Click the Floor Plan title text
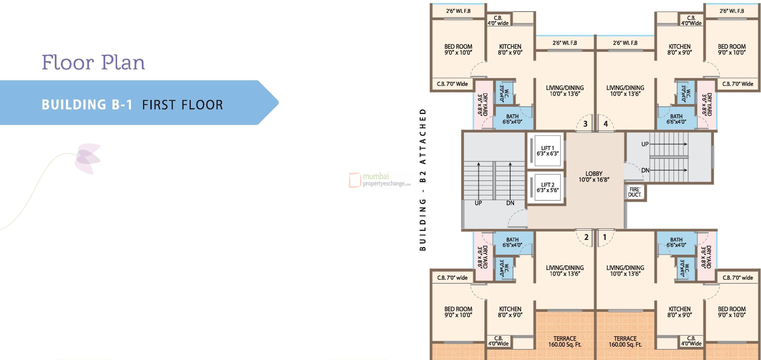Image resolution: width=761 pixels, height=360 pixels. click(93, 62)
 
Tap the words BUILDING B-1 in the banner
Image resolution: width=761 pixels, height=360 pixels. click(87, 105)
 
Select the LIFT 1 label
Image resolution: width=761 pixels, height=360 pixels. click(547, 151)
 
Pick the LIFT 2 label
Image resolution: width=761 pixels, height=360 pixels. click(547, 187)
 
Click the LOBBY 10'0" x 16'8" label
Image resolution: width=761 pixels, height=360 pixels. click(594, 176)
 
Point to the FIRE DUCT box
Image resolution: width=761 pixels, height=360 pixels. click(634, 192)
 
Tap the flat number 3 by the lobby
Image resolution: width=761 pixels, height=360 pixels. click(585, 124)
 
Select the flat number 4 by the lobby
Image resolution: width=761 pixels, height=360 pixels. click(606, 124)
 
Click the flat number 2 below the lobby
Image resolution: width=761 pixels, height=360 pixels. click(586, 237)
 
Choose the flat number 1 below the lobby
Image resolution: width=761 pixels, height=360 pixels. click(605, 237)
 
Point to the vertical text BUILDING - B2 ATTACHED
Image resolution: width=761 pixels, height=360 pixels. click(423, 180)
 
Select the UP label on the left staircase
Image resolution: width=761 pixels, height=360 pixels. click(478, 203)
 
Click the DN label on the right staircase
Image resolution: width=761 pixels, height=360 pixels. click(645, 170)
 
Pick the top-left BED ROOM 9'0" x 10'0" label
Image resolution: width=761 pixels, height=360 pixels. click(458, 49)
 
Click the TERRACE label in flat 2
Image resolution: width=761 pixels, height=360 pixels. click(565, 341)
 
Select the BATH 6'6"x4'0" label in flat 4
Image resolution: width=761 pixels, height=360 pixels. click(676, 119)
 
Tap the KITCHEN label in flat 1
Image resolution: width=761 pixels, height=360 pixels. click(680, 312)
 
